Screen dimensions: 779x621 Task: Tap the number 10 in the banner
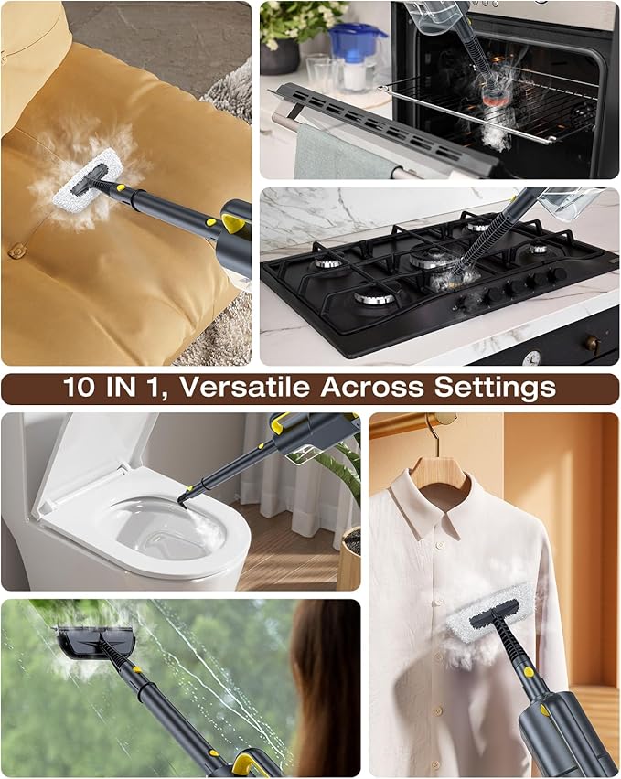(x=80, y=388)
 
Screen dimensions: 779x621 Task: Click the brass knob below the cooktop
(x=592, y=344)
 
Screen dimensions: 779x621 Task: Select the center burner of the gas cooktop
(x=430, y=261)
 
